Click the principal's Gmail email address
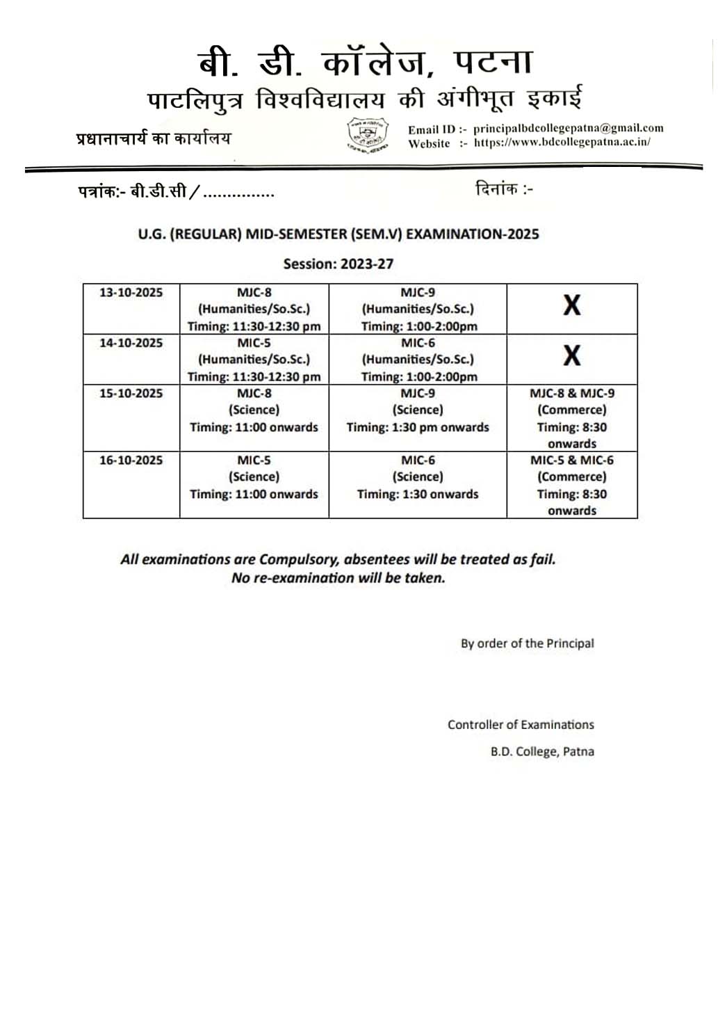pyautogui.click(x=568, y=128)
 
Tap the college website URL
pyautogui.click(x=562, y=143)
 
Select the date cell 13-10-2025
pyautogui.click(x=131, y=293)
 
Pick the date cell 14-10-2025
pyautogui.click(x=131, y=343)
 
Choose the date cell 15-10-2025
pyautogui.click(x=131, y=394)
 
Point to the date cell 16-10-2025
pyautogui.click(x=131, y=461)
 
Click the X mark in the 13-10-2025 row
pyautogui.click(x=571, y=305)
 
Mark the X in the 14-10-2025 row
pyautogui.click(x=571, y=356)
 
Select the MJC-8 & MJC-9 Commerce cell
pyautogui.click(x=571, y=418)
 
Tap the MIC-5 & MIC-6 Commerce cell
pyautogui.click(x=571, y=485)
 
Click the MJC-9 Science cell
pyautogui.click(x=417, y=410)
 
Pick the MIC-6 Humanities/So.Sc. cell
pyautogui.click(x=417, y=360)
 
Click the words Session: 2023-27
pyautogui.click(x=338, y=264)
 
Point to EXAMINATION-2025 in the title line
pyautogui.click(x=472, y=234)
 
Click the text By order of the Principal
pyautogui.click(x=527, y=643)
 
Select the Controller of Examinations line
pyautogui.click(x=521, y=725)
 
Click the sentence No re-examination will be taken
pyautogui.click(x=338, y=578)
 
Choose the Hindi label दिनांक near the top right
pyautogui.click(x=496, y=189)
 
